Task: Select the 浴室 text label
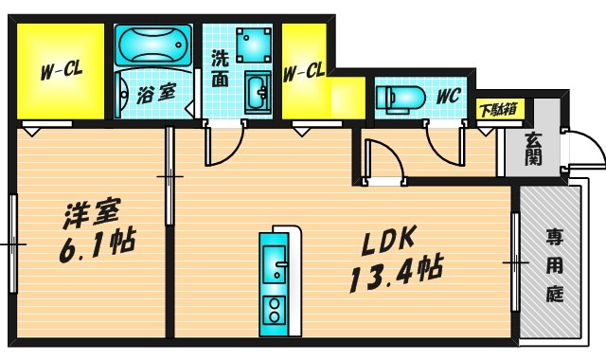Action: pyautogui.click(x=155, y=94)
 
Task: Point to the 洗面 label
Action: pyautogui.click(x=220, y=69)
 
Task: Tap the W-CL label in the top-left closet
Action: pyautogui.click(x=58, y=71)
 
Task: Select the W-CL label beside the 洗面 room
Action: pyautogui.click(x=304, y=70)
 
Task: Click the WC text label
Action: pyautogui.click(x=448, y=97)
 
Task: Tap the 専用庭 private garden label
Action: pyautogui.click(x=554, y=265)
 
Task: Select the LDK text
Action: pyautogui.click(x=389, y=243)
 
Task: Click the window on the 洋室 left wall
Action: pyautogui.click(x=12, y=243)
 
